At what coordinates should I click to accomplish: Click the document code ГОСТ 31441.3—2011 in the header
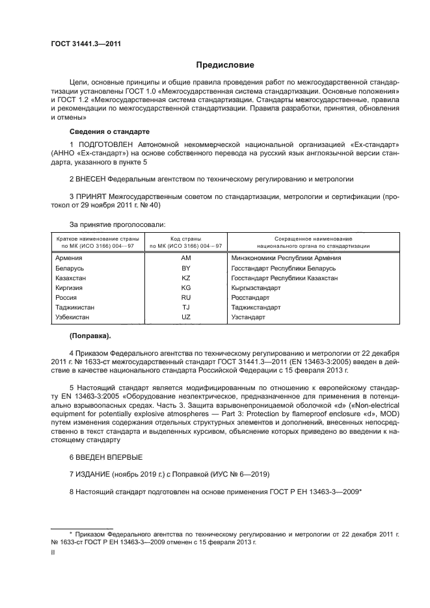tap(86, 44)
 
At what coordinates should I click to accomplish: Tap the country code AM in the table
tap(185, 258)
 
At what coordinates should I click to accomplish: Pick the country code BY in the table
tap(185, 268)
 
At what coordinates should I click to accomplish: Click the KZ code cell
tap(185, 278)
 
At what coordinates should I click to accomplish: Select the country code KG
tap(185, 287)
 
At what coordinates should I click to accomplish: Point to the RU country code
tap(185, 297)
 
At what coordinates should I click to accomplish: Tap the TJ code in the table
tap(185, 307)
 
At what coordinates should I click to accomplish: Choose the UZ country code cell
tap(185, 317)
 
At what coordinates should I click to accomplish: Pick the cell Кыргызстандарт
tap(256, 287)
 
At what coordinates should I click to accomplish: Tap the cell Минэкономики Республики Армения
tap(286, 258)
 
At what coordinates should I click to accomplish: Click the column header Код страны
tap(185, 239)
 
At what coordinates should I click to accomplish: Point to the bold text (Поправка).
tap(90, 336)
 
